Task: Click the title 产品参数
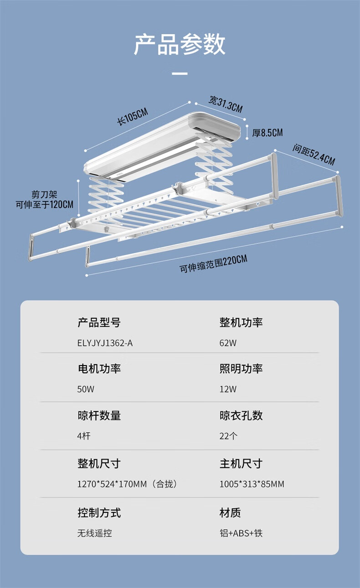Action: [180, 45]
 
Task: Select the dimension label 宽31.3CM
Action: [226, 104]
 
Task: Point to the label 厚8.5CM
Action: [267, 133]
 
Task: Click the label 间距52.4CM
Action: [314, 155]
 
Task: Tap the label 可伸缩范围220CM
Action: [214, 264]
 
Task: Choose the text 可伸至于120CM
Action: [44, 205]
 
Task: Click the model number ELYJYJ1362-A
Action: [105, 343]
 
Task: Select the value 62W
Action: [228, 343]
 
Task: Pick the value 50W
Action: [86, 389]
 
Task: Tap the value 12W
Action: [228, 389]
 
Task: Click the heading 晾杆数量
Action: [99, 415]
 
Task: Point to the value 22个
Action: [228, 436]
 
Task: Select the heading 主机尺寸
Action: [241, 464]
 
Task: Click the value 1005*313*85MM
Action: [252, 484]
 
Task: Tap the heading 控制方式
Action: [99, 513]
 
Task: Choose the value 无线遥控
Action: [94, 533]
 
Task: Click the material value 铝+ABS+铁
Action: [241, 533]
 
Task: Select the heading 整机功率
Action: [241, 323]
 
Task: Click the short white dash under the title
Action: [180, 73]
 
